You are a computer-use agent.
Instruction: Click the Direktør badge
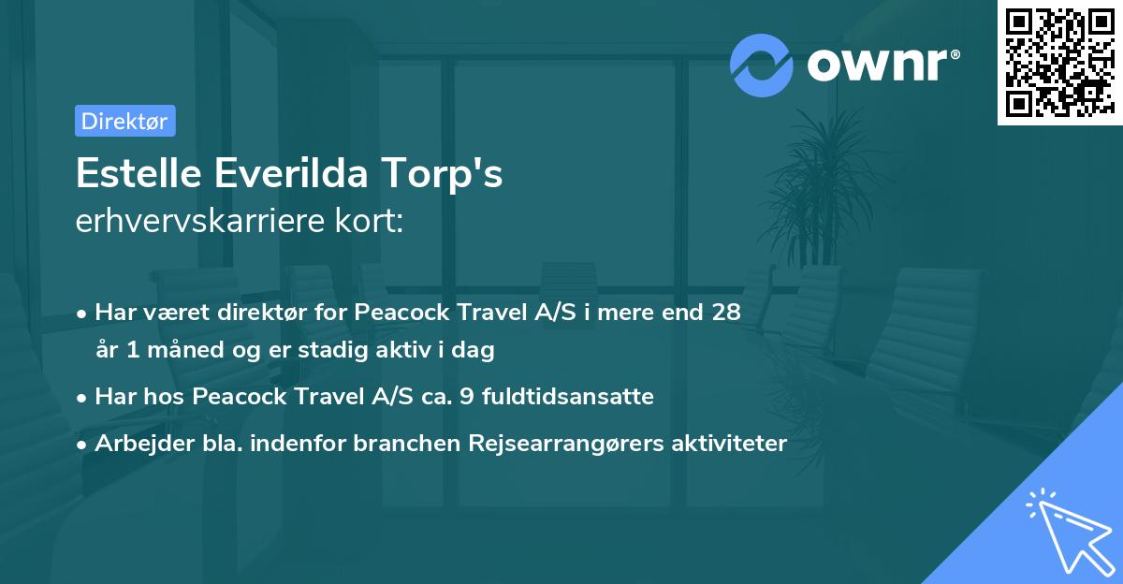coord(124,121)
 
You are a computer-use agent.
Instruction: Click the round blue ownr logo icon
coord(762,65)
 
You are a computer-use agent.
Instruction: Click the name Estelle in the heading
coord(137,175)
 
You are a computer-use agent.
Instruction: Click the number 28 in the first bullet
coord(725,312)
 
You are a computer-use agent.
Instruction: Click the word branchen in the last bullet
coord(395,443)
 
